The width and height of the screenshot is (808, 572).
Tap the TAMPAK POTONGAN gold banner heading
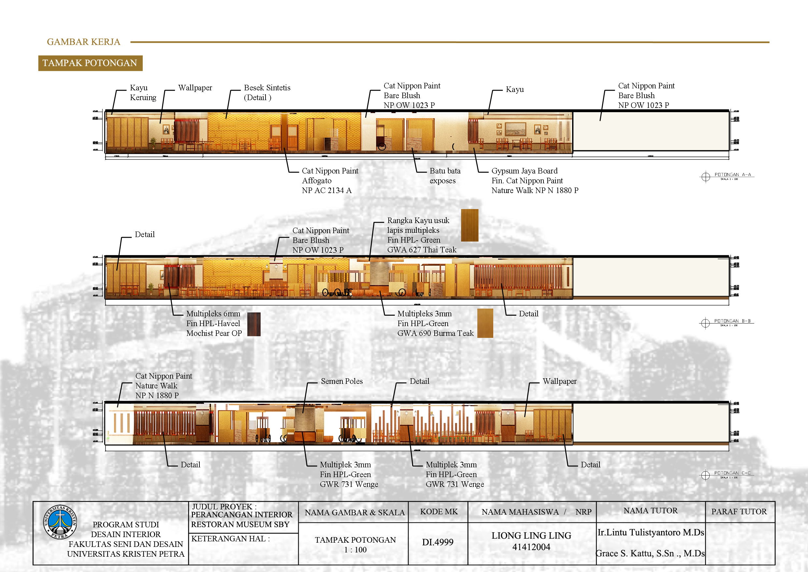(x=90, y=63)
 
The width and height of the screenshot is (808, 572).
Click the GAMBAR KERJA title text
(x=83, y=42)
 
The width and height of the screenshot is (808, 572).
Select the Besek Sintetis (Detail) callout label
(x=267, y=92)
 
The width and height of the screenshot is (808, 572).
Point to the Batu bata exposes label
(x=444, y=176)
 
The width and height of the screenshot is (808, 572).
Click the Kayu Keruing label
(x=142, y=92)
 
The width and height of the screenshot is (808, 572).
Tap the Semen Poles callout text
(x=341, y=381)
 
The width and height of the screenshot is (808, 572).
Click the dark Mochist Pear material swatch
(x=254, y=324)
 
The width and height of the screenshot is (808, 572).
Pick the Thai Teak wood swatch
(x=469, y=225)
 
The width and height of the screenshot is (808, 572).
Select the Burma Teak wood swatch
(x=485, y=323)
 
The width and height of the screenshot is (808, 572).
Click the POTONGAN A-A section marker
(x=726, y=176)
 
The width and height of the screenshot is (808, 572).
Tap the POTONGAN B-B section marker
(x=726, y=322)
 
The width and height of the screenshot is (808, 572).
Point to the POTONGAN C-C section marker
(x=726, y=474)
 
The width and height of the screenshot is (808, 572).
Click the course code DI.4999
(x=438, y=542)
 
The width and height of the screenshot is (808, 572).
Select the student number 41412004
(x=531, y=547)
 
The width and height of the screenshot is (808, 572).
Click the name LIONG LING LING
(x=531, y=535)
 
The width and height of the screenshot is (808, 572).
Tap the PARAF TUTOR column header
(x=739, y=511)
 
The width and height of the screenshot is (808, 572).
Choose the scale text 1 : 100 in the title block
(x=355, y=550)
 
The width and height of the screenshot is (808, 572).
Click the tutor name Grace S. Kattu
(x=650, y=553)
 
